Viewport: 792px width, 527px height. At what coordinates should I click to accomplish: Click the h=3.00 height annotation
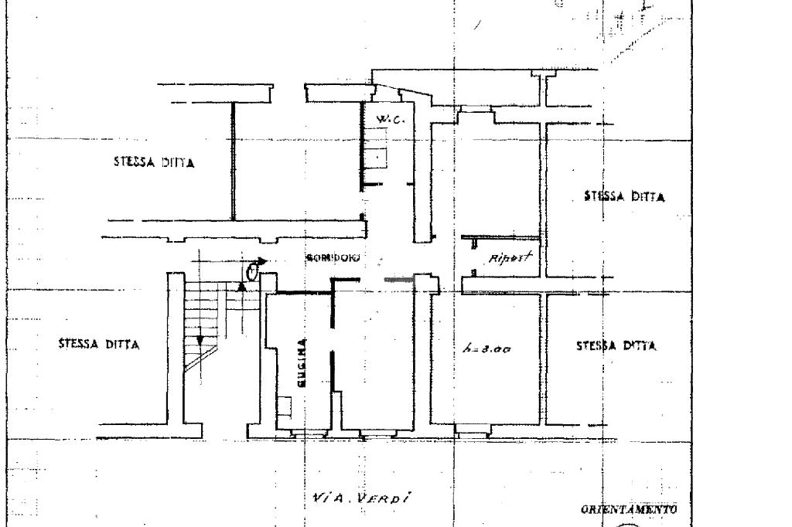[x=486, y=349]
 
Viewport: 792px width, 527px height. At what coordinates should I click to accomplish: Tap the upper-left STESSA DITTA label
[x=153, y=163]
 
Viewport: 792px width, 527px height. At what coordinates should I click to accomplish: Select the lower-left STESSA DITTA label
[x=99, y=345]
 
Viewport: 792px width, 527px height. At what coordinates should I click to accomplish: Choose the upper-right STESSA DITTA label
[x=624, y=196]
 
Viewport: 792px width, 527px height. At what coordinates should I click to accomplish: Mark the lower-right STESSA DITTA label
[x=616, y=346]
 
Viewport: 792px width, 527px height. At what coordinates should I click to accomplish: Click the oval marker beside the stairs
[x=252, y=271]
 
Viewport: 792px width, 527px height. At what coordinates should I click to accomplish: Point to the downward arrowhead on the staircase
[x=199, y=339]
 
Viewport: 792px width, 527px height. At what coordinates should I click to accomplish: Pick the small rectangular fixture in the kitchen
[x=285, y=404]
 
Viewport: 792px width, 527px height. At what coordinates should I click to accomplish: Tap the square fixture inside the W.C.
[x=377, y=158]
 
